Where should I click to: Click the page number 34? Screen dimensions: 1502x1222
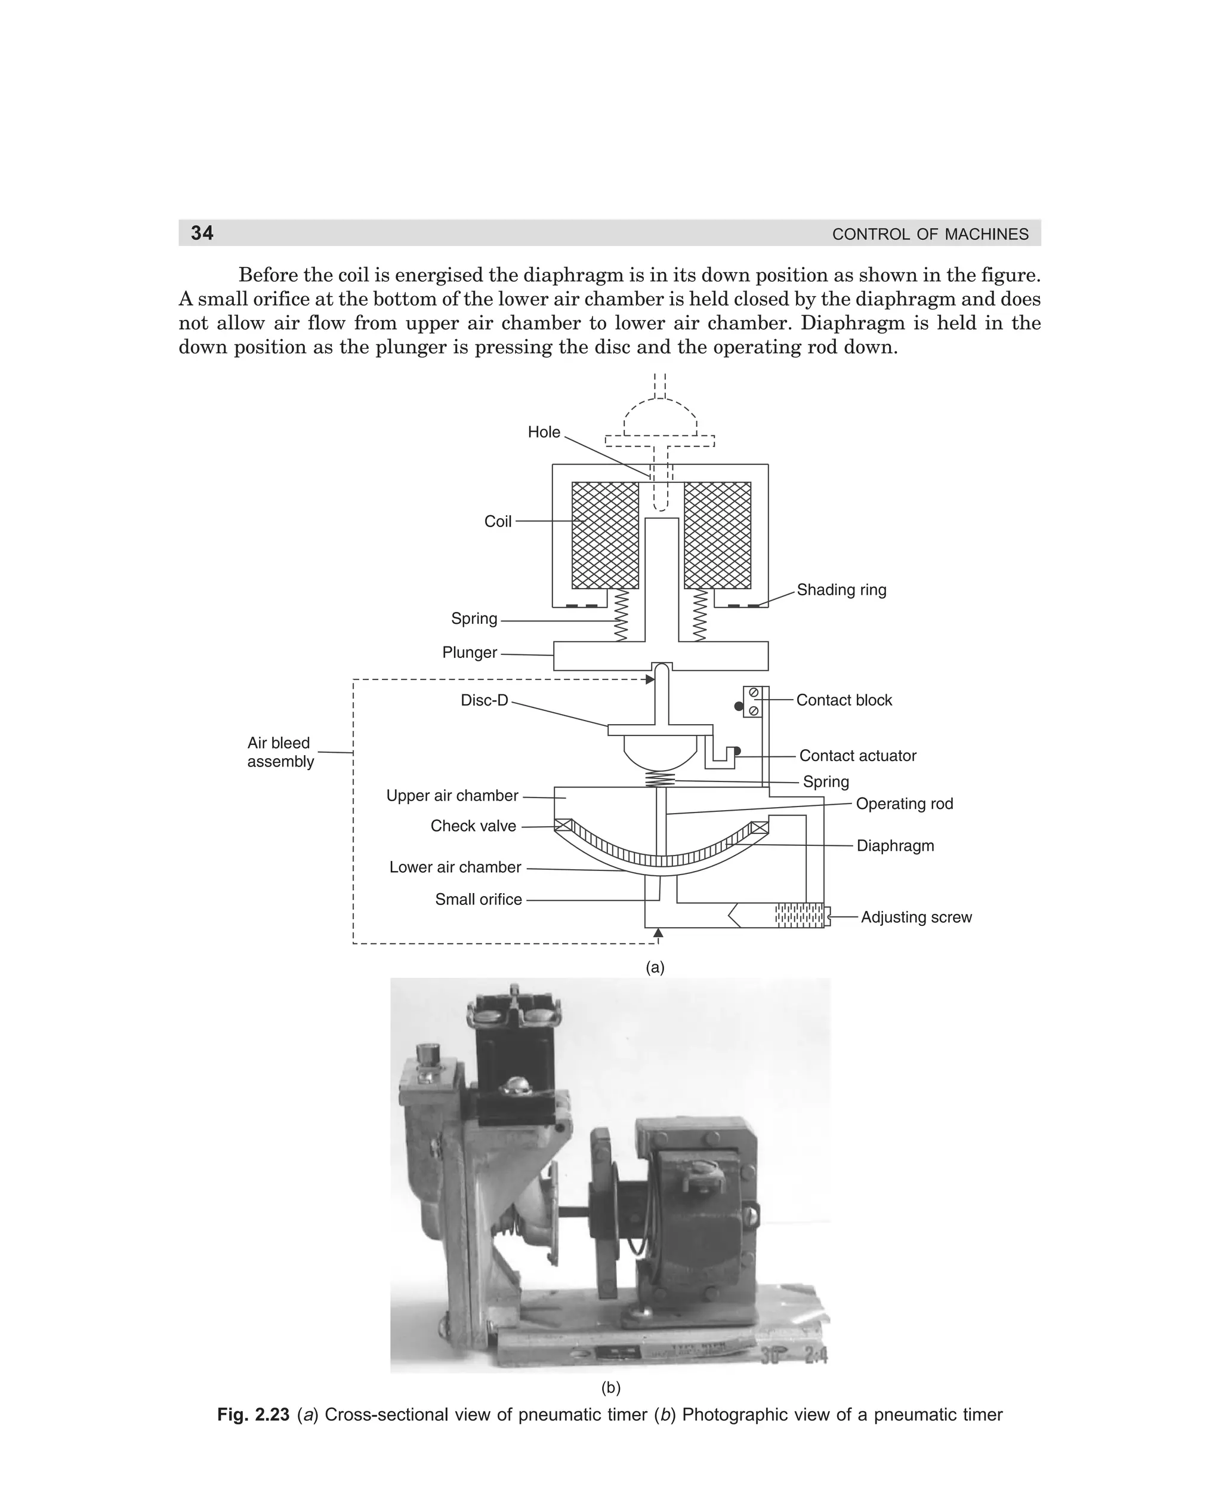pos(202,233)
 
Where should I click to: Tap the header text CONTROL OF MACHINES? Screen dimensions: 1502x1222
pos(930,235)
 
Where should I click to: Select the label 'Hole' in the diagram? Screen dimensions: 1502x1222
pos(544,432)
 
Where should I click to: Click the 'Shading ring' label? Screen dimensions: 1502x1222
pos(841,590)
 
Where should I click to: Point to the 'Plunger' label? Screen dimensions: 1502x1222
pos(470,652)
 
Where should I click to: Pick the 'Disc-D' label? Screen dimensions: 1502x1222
pos(485,701)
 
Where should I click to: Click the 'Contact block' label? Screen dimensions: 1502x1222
pos(844,701)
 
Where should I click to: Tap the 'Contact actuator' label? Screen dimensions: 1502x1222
pos(857,756)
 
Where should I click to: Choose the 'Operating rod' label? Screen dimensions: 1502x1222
pos(904,804)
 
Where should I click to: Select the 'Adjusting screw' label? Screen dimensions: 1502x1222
pos(916,918)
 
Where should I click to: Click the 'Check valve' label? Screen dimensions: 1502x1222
pos(473,827)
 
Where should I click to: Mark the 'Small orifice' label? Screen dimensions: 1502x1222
pos(478,900)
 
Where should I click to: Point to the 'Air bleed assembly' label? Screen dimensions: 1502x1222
pos(279,752)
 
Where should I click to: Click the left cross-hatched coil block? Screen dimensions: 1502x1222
pos(604,535)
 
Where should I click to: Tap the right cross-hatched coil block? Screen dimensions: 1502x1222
pos(717,535)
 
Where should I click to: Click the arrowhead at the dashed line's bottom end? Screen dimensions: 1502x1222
pos(658,933)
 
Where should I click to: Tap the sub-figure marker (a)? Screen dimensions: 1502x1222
pos(655,968)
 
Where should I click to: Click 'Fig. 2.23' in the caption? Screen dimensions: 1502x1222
pos(254,1415)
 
